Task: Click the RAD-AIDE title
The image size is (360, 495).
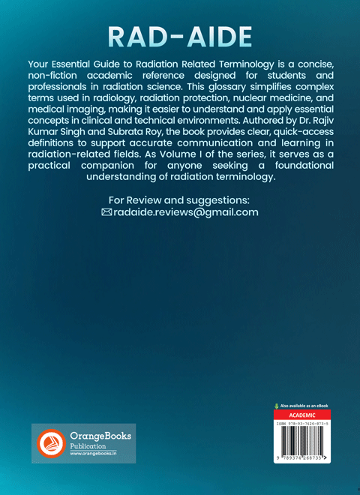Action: click(179, 37)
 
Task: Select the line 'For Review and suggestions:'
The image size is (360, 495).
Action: click(179, 200)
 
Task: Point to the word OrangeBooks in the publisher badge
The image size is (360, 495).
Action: click(100, 435)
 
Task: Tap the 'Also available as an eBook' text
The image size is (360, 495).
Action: click(306, 406)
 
